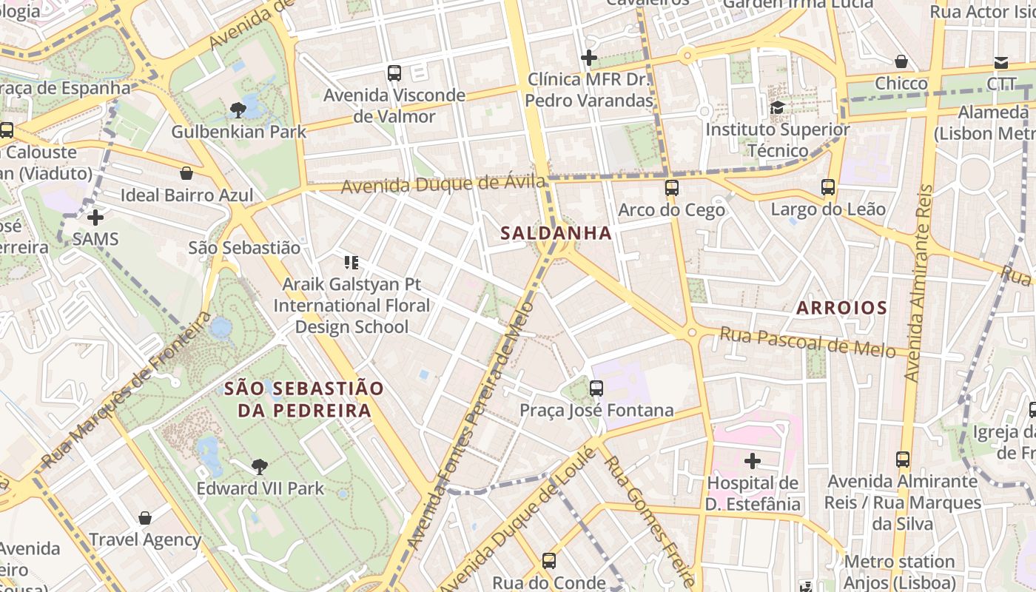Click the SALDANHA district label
click(x=556, y=233)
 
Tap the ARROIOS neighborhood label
click(x=841, y=308)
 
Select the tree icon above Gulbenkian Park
click(x=238, y=110)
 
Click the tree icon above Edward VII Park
click(x=259, y=466)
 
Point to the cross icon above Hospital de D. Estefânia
click(x=753, y=461)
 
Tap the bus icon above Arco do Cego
click(x=671, y=188)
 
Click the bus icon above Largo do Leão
click(x=827, y=187)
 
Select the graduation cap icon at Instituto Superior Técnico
click(x=777, y=108)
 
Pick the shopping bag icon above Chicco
click(x=901, y=61)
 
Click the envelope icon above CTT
click(x=1001, y=62)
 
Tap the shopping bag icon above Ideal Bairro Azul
click(x=186, y=173)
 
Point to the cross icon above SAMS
click(x=95, y=218)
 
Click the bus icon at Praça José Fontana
click(x=596, y=388)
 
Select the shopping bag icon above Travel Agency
click(x=145, y=518)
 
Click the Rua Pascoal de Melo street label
click(x=807, y=342)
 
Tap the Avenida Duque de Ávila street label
click(x=443, y=183)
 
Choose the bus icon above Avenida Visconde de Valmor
click(x=394, y=73)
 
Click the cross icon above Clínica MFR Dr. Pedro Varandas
click(x=589, y=58)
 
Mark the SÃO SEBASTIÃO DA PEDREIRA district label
click(x=303, y=400)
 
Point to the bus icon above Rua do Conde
click(x=548, y=561)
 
